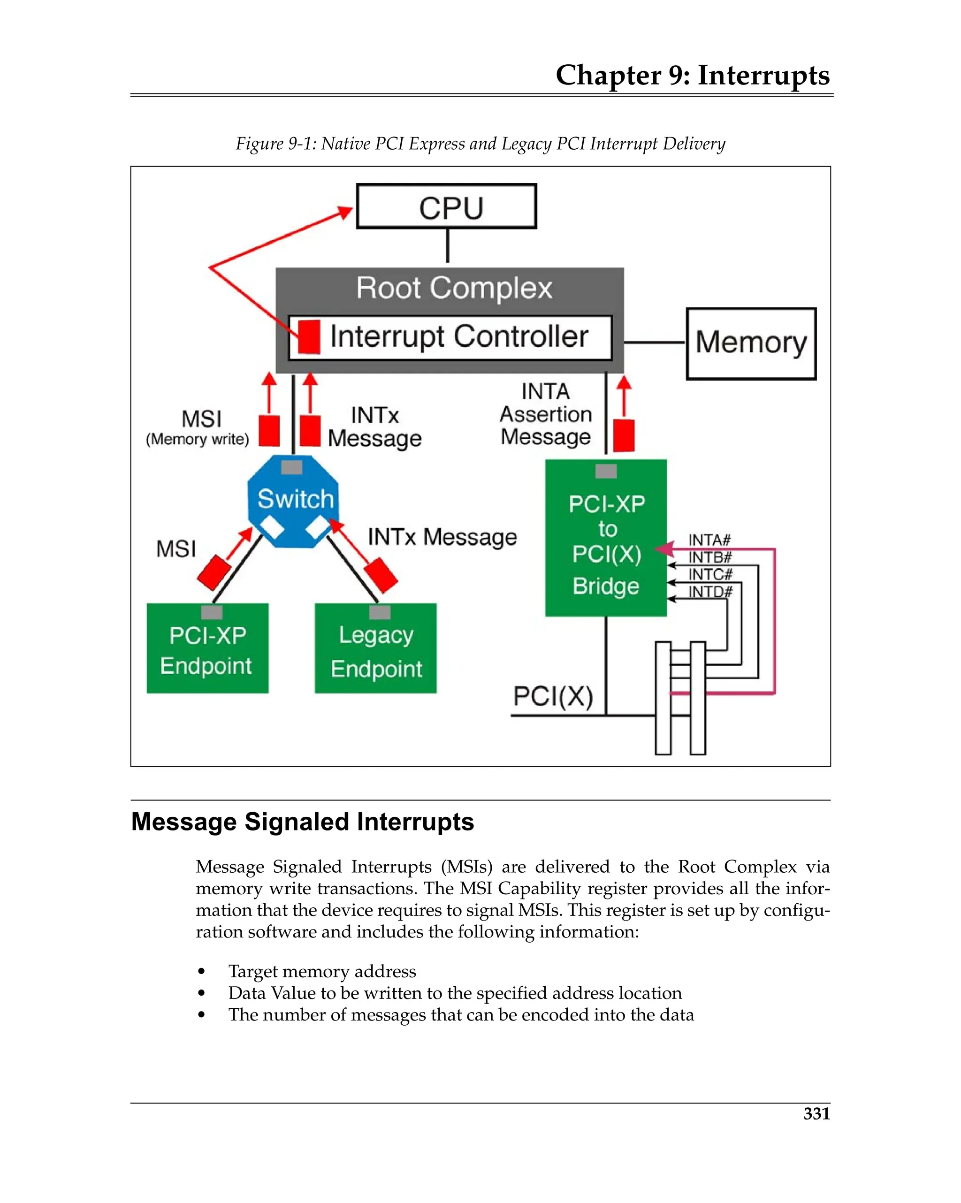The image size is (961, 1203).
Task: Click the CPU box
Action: click(x=446, y=206)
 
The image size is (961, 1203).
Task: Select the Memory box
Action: click(x=751, y=343)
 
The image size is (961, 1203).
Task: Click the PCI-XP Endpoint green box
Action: click(x=207, y=649)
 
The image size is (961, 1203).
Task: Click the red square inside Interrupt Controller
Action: click(x=309, y=336)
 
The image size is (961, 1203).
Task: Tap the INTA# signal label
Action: click(x=709, y=540)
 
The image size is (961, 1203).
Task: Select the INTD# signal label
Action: click(x=709, y=591)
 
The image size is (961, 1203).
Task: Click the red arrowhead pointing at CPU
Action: click(x=346, y=213)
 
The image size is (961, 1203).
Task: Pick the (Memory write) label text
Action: click(x=197, y=439)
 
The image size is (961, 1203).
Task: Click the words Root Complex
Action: click(x=454, y=288)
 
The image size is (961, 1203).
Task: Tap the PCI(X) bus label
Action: click(x=552, y=696)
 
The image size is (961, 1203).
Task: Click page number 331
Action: click(x=816, y=1113)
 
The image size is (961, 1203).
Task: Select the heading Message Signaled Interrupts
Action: click(x=303, y=822)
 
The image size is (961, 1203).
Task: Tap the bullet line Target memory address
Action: click(x=322, y=971)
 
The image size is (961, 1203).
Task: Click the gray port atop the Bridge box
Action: click(x=605, y=471)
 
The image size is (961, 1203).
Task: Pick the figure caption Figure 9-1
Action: click(x=480, y=144)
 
